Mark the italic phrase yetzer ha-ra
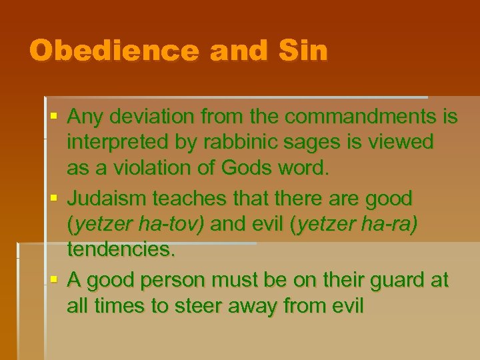coord(355,225)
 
